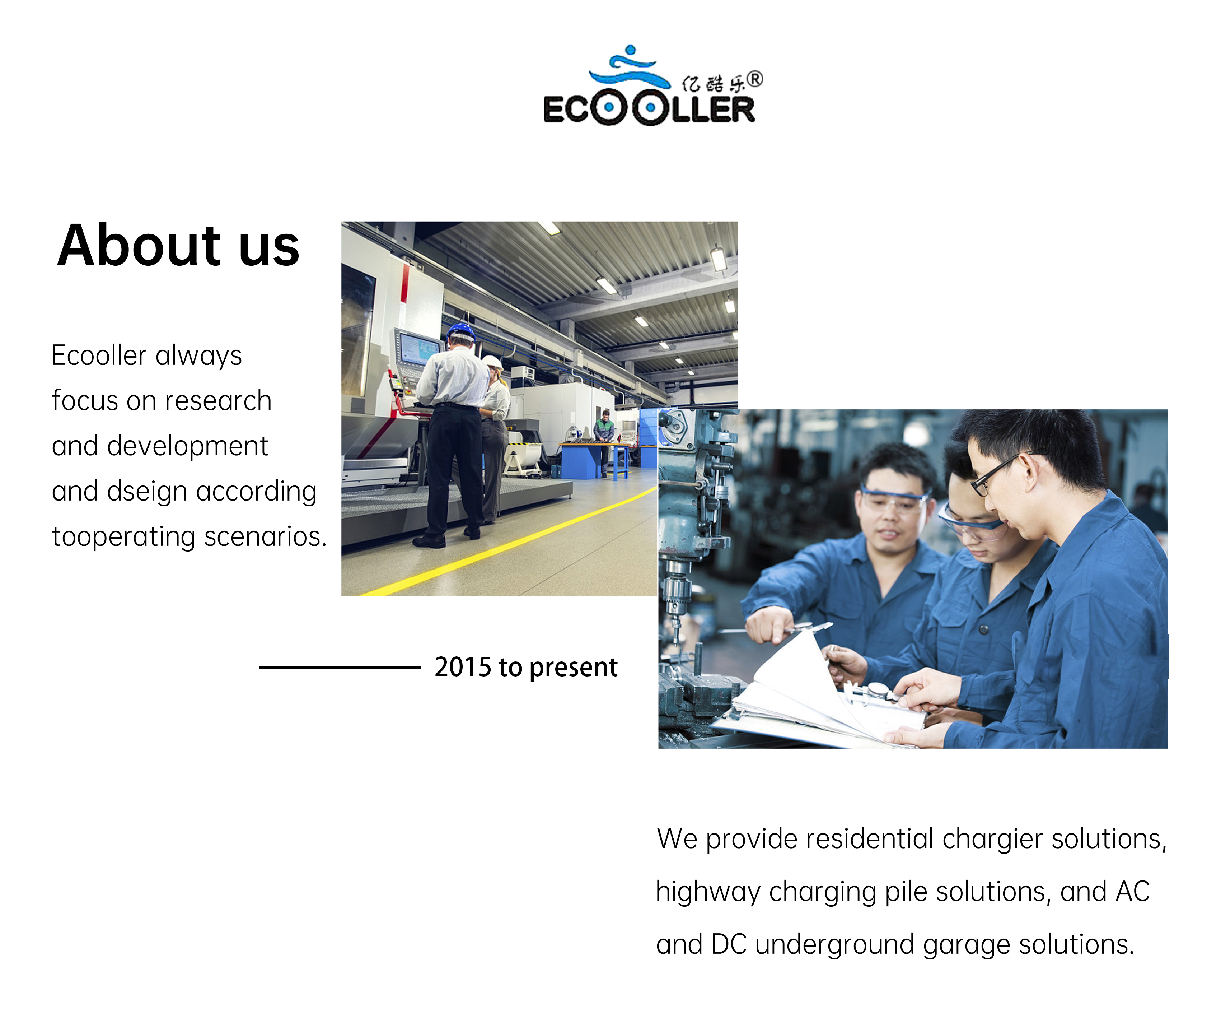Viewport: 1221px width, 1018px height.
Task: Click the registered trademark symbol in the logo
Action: point(755,80)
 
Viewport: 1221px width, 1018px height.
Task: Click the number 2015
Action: point(463,667)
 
